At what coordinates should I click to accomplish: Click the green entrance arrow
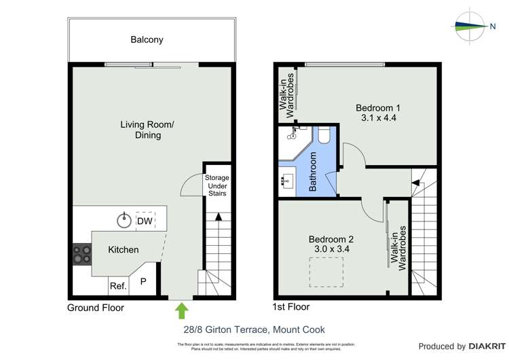(181, 310)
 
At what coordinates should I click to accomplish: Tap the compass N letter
(493, 26)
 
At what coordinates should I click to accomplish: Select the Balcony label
(147, 40)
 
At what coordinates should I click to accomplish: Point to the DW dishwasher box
(145, 221)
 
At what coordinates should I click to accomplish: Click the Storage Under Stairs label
(217, 185)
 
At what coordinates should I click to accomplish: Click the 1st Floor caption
(290, 307)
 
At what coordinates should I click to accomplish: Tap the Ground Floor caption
(95, 308)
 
